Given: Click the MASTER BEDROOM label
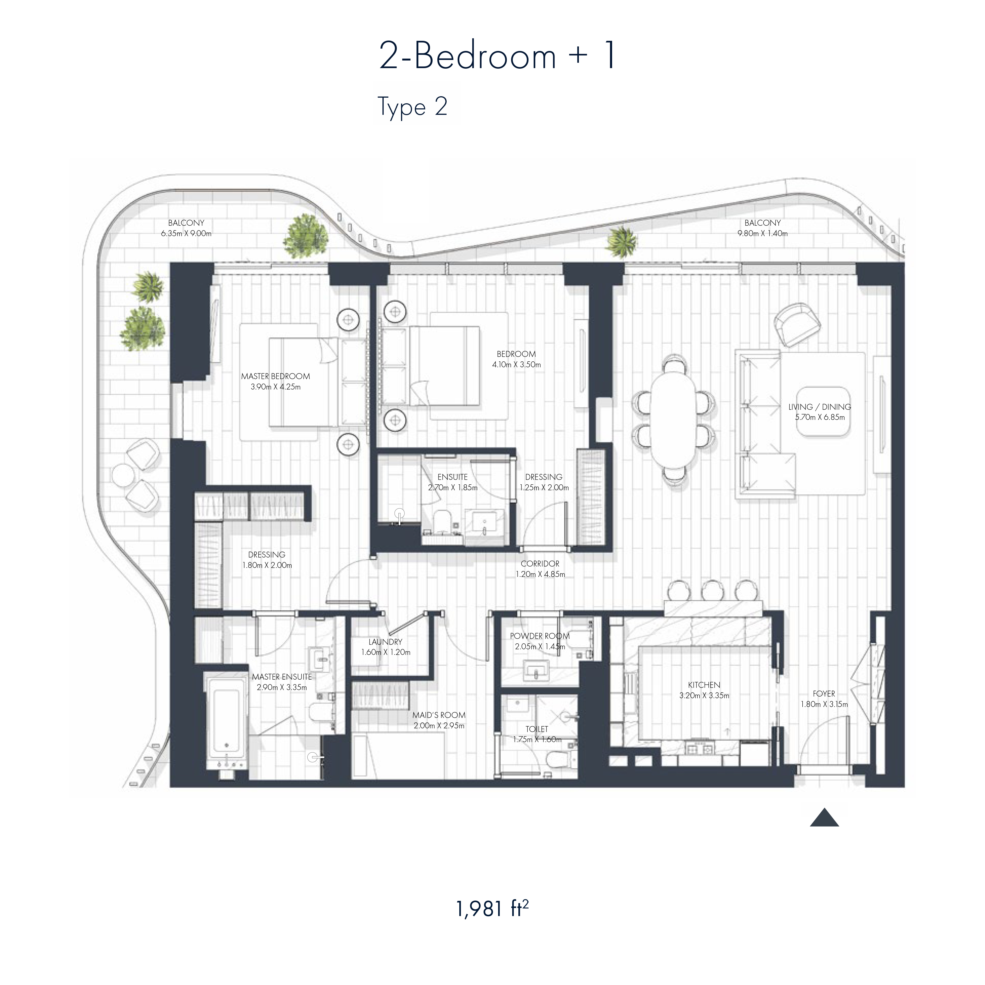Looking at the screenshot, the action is click(x=275, y=376).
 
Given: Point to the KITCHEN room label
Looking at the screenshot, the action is click(x=704, y=685).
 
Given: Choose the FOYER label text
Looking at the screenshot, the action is click(x=824, y=693).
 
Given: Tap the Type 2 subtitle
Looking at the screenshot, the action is click(x=413, y=107).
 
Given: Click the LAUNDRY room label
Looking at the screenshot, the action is click(x=386, y=642).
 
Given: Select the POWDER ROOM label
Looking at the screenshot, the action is click(x=540, y=636).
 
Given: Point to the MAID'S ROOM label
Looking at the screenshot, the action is click(x=439, y=715).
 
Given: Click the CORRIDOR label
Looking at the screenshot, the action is click(x=540, y=563).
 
